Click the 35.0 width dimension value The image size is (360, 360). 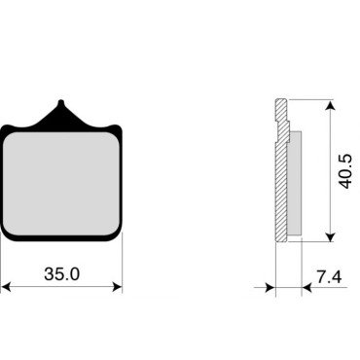click(x=61, y=274)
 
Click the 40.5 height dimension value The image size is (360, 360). click(x=345, y=171)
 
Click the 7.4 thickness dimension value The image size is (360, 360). click(x=329, y=277)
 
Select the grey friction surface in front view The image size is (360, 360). click(x=60, y=183)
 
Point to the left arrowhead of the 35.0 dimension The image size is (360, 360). click(x=6, y=287)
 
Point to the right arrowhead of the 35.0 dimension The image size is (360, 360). click(x=117, y=287)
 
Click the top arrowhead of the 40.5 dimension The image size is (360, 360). click(x=330, y=105)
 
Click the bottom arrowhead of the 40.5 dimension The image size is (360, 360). click(x=330, y=236)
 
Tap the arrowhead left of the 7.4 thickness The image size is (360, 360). click(x=270, y=287)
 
